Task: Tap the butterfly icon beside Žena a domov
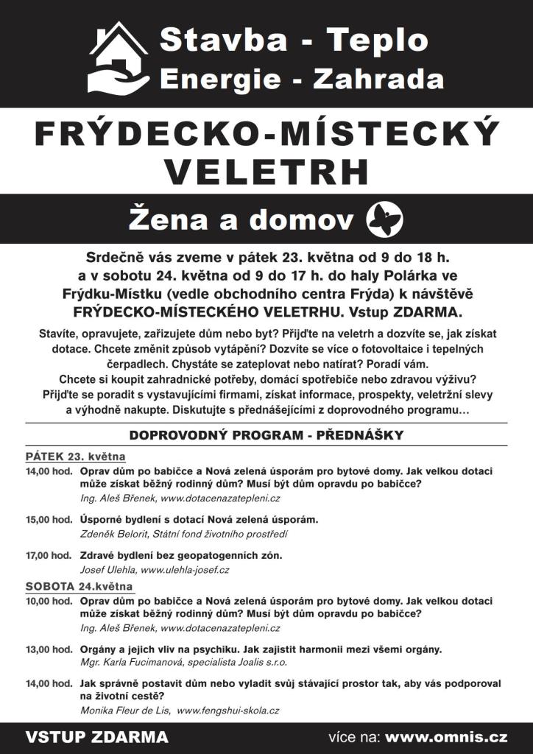pyautogui.click(x=387, y=219)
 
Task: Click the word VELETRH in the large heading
pyautogui.click(x=266, y=170)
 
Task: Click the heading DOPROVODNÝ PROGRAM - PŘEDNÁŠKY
pyautogui.click(x=266, y=435)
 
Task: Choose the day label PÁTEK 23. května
pyautogui.click(x=75, y=456)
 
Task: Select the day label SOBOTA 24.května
pyautogui.click(x=79, y=586)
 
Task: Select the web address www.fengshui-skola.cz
pyautogui.click(x=228, y=711)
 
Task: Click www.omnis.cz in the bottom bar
pyautogui.click(x=446, y=737)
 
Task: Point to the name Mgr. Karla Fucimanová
pyautogui.click(x=133, y=663)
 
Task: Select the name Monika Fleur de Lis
pyautogui.click(x=125, y=711)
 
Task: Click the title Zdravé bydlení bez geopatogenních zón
pyautogui.click(x=181, y=555)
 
